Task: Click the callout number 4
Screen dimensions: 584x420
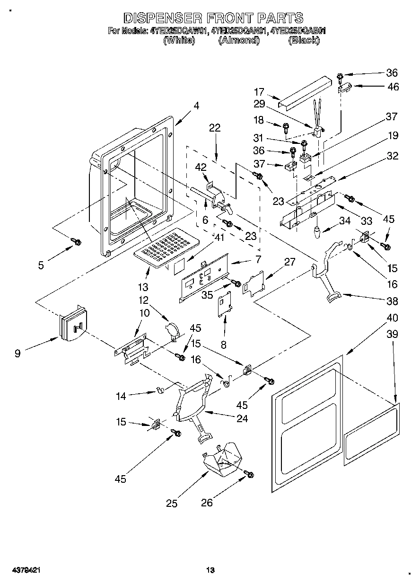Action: tap(196, 106)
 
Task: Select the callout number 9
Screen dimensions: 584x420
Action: tap(17, 353)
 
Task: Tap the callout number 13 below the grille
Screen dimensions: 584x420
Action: tap(143, 287)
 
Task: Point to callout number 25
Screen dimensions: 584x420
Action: tap(172, 504)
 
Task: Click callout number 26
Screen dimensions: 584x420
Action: tap(207, 503)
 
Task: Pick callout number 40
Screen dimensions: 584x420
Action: tap(392, 318)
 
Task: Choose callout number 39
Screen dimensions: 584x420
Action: tap(392, 334)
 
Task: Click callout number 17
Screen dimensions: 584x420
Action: tap(259, 92)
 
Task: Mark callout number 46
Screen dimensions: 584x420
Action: tap(393, 87)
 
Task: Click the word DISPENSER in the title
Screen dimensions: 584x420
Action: tap(159, 18)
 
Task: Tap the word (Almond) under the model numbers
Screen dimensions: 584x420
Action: tap(239, 41)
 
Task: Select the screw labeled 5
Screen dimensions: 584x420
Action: tap(76, 242)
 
